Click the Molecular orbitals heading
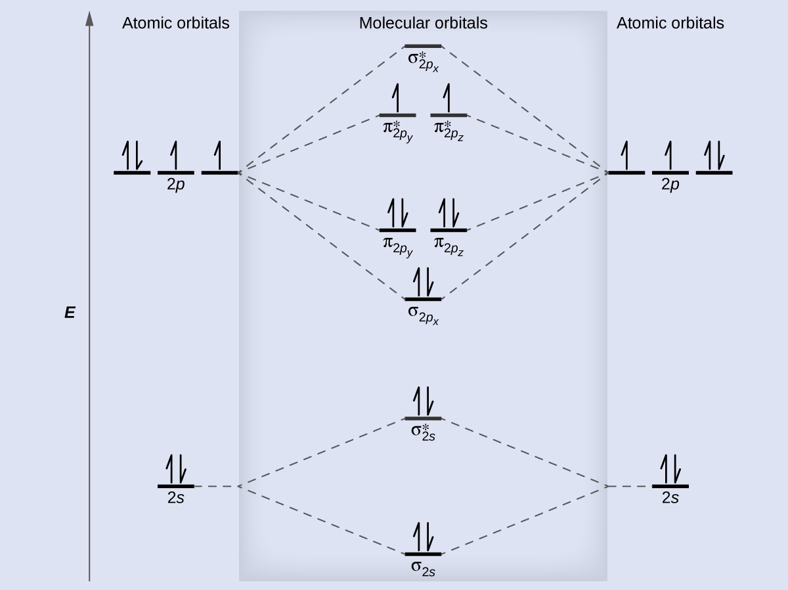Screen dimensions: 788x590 pos(424,24)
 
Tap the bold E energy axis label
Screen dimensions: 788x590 pos(70,313)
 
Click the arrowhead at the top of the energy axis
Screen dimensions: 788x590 pos(89,18)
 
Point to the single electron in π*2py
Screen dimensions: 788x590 pos(396,98)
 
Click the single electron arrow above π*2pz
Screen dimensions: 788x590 pos(447,98)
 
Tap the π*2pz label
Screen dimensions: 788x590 pos(449,131)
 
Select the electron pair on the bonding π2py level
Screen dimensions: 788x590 pos(398,213)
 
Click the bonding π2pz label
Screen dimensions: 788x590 pos(449,246)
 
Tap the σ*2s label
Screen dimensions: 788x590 pos(424,433)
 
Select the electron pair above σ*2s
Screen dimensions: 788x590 pos(424,401)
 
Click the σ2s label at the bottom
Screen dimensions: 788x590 pos(424,568)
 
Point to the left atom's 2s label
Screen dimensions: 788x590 pos(176,498)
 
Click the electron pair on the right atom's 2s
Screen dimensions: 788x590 pos(670,469)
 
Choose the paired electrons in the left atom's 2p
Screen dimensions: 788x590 pos(132,156)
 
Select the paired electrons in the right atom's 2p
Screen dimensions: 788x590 pos(714,156)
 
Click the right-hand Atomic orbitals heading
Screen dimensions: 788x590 pos(670,24)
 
